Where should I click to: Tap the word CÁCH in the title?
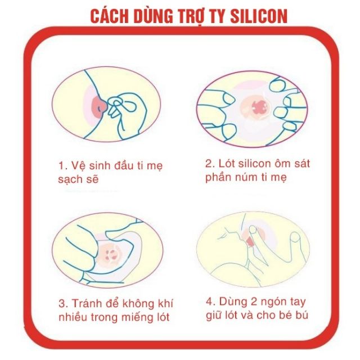point(112,15)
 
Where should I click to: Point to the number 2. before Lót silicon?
point(209,164)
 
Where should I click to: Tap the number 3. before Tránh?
point(62,302)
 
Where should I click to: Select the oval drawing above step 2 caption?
point(253,107)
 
